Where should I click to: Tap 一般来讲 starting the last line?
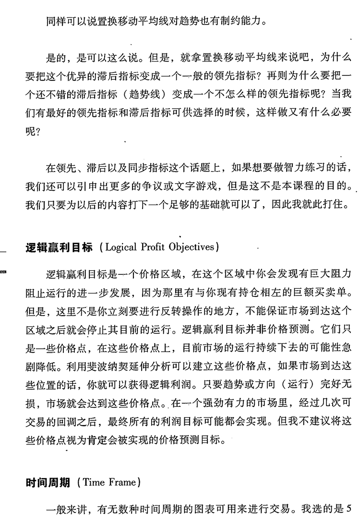[x=65, y=508]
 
